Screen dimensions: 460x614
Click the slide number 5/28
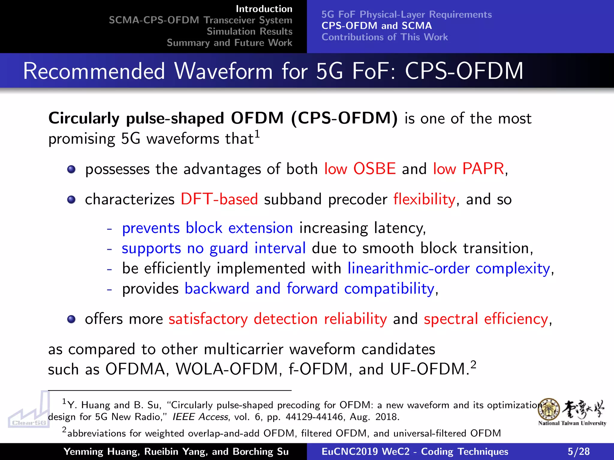click(x=578, y=451)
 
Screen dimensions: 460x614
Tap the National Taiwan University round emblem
click(x=549, y=409)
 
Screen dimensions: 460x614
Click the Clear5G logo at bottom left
click(x=29, y=410)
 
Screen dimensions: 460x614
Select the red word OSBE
click(x=374, y=169)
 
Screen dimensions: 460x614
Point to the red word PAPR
click(x=483, y=169)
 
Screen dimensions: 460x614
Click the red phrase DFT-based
click(x=219, y=199)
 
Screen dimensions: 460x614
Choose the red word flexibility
click(x=424, y=199)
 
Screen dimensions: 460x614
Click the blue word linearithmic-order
click(x=408, y=268)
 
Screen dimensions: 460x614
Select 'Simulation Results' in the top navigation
click(x=249, y=31)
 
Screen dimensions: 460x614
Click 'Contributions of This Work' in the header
click(x=385, y=37)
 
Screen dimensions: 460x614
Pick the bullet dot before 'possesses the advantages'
click(x=71, y=170)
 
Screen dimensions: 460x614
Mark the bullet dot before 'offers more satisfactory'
click(x=71, y=319)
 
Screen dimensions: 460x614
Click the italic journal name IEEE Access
click(x=200, y=417)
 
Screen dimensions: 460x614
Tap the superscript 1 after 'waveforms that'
click(x=257, y=134)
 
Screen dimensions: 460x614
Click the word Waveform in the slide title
click(x=224, y=71)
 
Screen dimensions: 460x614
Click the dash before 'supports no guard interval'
click(x=109, y=249)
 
